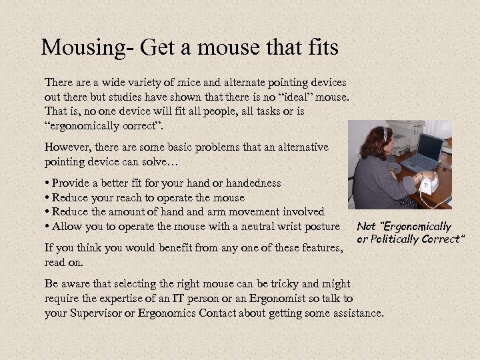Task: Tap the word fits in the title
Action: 319,48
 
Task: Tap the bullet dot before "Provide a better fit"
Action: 47,183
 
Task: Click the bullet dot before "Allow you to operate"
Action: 47,227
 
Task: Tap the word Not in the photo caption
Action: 366,227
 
